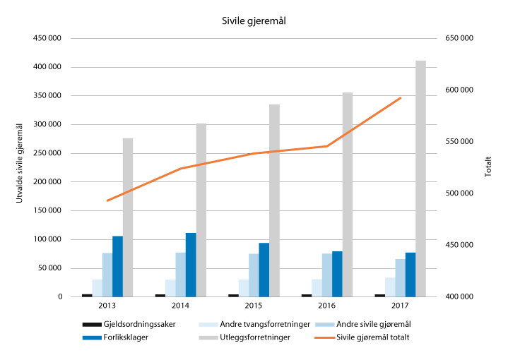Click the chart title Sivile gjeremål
point(254,21)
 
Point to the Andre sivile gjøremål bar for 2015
point(254,275)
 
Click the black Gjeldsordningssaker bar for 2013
point(87,295)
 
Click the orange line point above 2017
point(401,98)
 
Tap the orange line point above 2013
point(107,200)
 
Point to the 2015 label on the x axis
point(254,306)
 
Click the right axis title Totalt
point(488,168)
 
